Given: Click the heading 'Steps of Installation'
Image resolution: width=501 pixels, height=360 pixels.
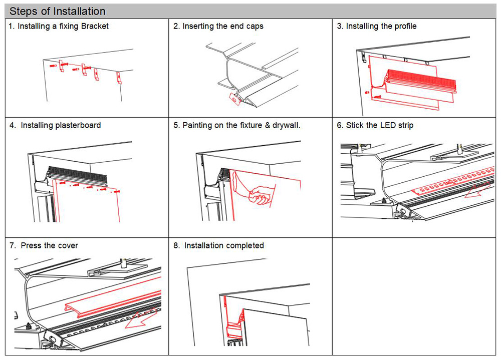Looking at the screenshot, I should tap(58, 11).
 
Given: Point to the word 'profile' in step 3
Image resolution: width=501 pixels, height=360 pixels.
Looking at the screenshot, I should tap(403, 26).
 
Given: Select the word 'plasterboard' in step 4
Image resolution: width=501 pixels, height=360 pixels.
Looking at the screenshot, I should tap(75, 125).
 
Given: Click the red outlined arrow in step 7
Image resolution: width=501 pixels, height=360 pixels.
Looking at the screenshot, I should tap(143, 321).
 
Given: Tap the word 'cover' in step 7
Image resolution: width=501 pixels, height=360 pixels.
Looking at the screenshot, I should tap(68, 245).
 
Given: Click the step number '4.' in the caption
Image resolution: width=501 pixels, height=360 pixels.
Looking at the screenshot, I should tap(13, 125).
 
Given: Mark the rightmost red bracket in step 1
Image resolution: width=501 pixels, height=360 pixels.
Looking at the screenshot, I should tap(119, 76).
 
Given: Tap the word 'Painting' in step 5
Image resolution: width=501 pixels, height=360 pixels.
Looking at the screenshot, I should tap(197, 125).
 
